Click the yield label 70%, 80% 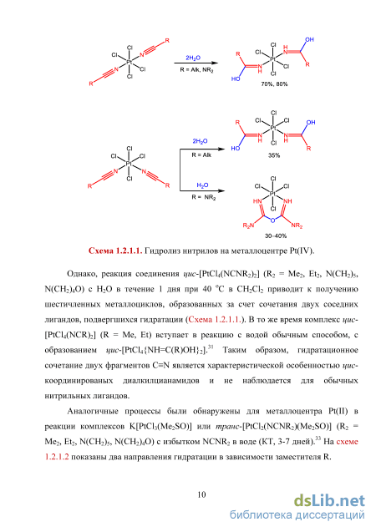point(274,84)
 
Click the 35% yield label point(274,155)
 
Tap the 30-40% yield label point(276,236)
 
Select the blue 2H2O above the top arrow point(193,58)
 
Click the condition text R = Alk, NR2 point(197,70)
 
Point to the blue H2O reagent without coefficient point(202,185)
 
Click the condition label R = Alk point(201,155)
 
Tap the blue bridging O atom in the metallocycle point(273,220)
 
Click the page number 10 point(201,494)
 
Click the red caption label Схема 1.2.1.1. point(115,251)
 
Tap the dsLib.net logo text point(329,501)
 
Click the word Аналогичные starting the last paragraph point(93,411)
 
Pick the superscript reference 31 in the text point(211,347)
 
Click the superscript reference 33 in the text point(318,438)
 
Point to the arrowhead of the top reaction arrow point(215,63)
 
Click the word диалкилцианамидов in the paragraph point(161,381)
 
